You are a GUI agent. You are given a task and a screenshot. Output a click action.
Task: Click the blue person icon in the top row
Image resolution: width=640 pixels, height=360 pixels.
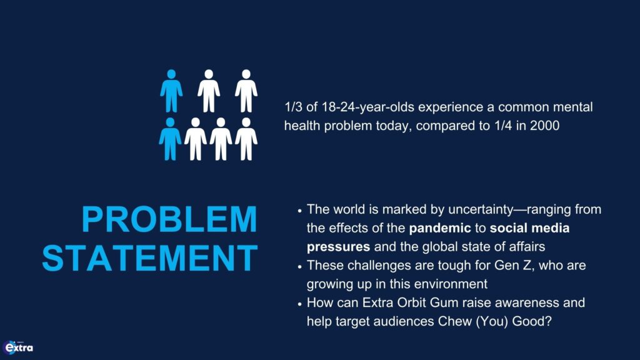click(x=171, y=91)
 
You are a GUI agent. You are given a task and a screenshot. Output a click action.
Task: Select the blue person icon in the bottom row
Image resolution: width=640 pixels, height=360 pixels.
click(x=170, y=139)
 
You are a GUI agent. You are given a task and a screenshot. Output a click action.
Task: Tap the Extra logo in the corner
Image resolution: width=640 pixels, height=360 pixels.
click(x=18, y=347)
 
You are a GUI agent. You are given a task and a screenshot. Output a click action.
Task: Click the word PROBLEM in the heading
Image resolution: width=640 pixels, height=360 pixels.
click(x=169, y=219)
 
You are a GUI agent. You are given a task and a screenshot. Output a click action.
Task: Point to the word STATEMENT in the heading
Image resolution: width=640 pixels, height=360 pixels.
click(x=150, y=257)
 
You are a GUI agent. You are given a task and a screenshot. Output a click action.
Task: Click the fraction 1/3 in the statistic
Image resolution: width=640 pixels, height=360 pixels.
click(x=294, y=107)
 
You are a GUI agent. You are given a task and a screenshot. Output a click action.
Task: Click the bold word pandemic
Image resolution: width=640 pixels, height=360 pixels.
click(x=440, y=228)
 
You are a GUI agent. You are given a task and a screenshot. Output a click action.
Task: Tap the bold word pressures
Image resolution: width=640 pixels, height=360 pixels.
click(x=338, y=247)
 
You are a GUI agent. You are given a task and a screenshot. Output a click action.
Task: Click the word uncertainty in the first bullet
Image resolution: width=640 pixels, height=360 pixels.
click(x=481, y=209)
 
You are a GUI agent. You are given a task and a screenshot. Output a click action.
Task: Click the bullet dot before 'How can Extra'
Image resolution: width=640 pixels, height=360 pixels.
click(x=299, y=304)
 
